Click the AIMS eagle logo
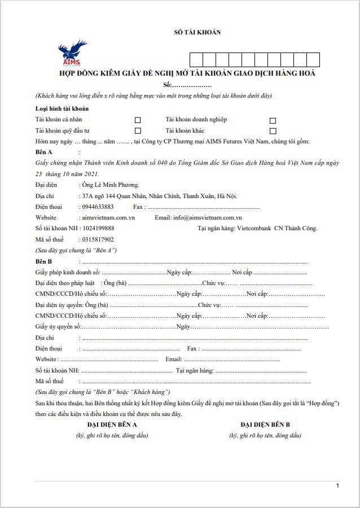tap(71, 54)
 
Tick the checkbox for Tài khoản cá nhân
tap(138, 120)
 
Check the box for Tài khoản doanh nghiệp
tap(273, 120)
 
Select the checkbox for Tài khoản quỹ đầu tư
tap(138, 130)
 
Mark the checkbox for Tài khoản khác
tap(273, 130)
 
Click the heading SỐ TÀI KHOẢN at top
tap(197, 32)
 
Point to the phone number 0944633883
tap(98, 207)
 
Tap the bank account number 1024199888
tap(98, 228)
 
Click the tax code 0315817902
tap(98, 239)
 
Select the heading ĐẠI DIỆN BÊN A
tap(112, 424)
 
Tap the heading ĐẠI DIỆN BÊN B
tap(265, 424)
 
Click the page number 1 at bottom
tap(337, 485)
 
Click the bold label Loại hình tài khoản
tap(62, 108)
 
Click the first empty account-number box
tap(196, 59)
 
